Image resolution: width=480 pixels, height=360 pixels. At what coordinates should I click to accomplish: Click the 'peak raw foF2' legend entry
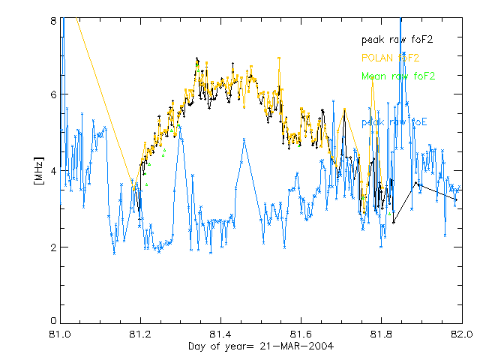click(x=397, y=39)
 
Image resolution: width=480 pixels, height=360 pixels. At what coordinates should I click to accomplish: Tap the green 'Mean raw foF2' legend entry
click(x=397, y=76)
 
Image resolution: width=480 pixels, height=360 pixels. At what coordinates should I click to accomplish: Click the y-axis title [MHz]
click(x=39, y=170)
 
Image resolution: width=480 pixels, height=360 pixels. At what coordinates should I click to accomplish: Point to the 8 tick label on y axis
click(x=53, y=22)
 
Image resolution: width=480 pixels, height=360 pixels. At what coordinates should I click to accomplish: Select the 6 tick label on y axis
click(x=53, y=94)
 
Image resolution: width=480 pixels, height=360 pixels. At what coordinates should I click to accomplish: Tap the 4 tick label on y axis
click(x=53, y=171)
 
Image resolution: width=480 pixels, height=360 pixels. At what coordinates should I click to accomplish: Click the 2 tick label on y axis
click(x=53, y=247)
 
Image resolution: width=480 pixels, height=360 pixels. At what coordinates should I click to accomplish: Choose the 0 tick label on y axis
click(x=53, y=322)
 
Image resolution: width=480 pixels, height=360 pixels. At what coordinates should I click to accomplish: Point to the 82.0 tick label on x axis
click(x=461, y=333)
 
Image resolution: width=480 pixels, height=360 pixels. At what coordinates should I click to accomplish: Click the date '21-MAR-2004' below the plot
click(x=296, y=346)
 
